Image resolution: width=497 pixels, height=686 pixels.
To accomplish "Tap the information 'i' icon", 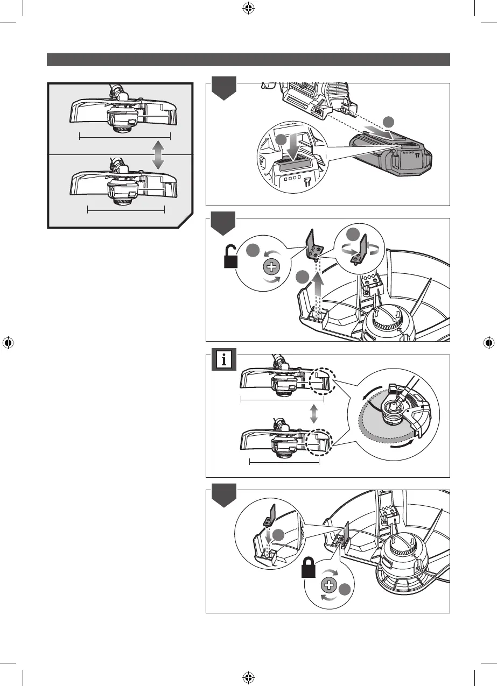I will click(x=223, y=359).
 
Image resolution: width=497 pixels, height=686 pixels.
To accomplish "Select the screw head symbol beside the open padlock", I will click(x=272, y=267).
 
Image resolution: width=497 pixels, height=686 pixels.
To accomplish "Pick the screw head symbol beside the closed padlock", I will click(x=330, y=585).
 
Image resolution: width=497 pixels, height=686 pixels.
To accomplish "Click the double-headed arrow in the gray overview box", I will click(x=158, y=155).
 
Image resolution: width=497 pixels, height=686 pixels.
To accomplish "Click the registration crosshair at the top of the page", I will click(x=248, y=8).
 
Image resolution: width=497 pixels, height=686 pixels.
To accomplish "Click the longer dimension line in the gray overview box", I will click(x=124, y=137).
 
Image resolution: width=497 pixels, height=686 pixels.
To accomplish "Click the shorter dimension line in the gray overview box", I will click(x=125, y=210).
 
